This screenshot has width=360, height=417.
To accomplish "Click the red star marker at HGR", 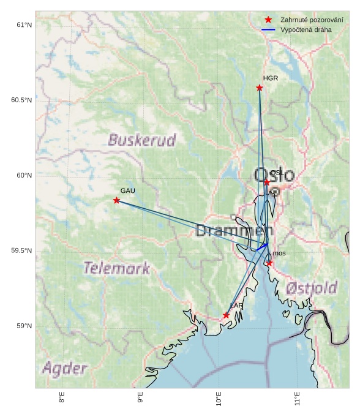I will [260, 88].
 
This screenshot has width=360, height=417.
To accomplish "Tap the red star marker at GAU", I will [116, 200].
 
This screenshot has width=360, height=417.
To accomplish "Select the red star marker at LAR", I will [226, 315].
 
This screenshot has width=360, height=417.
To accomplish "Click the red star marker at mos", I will [269, 263].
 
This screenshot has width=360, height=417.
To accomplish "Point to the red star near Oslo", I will [267, 182].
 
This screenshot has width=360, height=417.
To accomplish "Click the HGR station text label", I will [271, 78].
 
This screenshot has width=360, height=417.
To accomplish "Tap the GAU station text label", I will [127, 191].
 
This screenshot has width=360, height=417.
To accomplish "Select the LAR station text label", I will [236, 306].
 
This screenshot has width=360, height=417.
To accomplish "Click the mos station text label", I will [279, 254].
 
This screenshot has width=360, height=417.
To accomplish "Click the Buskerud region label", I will [142, 140].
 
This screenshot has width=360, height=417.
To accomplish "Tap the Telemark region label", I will [116, 268].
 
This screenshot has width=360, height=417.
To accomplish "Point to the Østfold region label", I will [312, 287].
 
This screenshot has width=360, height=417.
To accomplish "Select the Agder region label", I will [65, 369].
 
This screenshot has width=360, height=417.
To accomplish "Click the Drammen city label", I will [233, 231].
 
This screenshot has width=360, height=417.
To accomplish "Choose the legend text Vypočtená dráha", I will [306, 29].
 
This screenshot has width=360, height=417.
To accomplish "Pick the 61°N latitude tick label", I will [23, 25].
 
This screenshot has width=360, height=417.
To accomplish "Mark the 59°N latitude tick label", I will [23, 326].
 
